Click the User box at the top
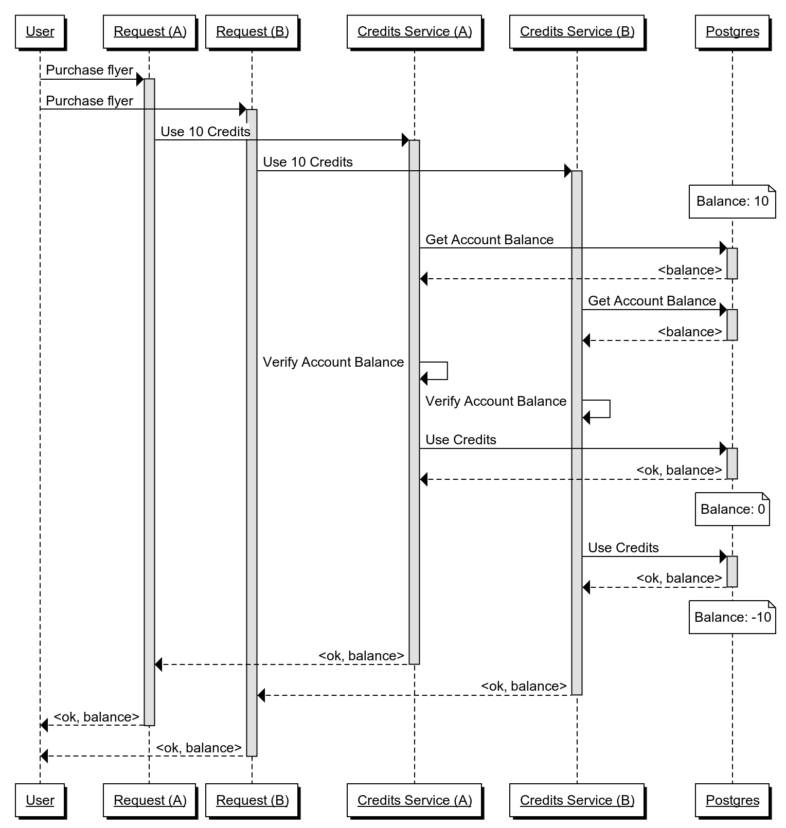pos(40,32)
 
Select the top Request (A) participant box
pos(150,32)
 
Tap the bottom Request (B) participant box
pos(252,800)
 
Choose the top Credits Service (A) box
pos(415,32)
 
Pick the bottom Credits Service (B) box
pos(577,800)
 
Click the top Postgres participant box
pos(733,32)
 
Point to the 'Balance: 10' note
pos(733,201)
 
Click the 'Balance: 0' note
pos(733,509)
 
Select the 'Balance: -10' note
pos(733,617)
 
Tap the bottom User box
pos(40,800)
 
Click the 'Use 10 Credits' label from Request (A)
pos(205,132)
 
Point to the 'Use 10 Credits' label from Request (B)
pos(308,163)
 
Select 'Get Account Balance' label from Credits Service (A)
pos(489,240)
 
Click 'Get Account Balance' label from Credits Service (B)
pos(652,301)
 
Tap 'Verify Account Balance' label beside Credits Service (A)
pos(333,362)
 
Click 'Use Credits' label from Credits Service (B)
pos(623,548)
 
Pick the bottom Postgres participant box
pos(733,800)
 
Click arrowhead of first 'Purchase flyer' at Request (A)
pos(139,79)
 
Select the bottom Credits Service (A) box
pos(415,800)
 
